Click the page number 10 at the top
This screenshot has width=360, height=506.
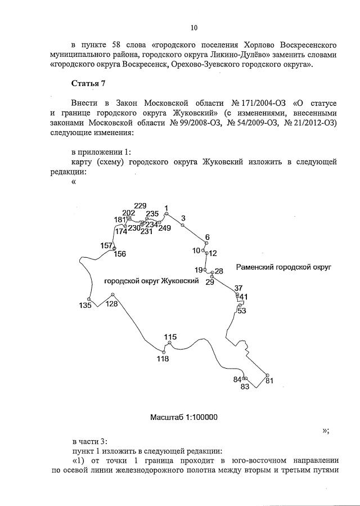click(193, 26)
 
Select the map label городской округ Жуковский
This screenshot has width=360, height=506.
click(152, 280)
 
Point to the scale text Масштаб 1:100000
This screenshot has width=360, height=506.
click(183, 417)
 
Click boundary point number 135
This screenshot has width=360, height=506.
click(85, 306)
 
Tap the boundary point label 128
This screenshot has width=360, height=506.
click(112, 304)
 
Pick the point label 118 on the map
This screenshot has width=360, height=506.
click(163, 359)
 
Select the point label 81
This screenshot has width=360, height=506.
click(269, 381)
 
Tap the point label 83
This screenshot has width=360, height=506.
click(245, 387)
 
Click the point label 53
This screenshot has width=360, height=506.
click(242, 311)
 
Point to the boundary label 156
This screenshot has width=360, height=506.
click(120, 254)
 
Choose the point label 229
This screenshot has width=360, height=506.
click(140, 205)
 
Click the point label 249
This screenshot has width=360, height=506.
click(164, 228)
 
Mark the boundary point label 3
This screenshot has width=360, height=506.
click(183, 218)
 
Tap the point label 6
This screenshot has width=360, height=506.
click(207, 237)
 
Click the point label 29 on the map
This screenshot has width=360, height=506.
click(209, 282)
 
